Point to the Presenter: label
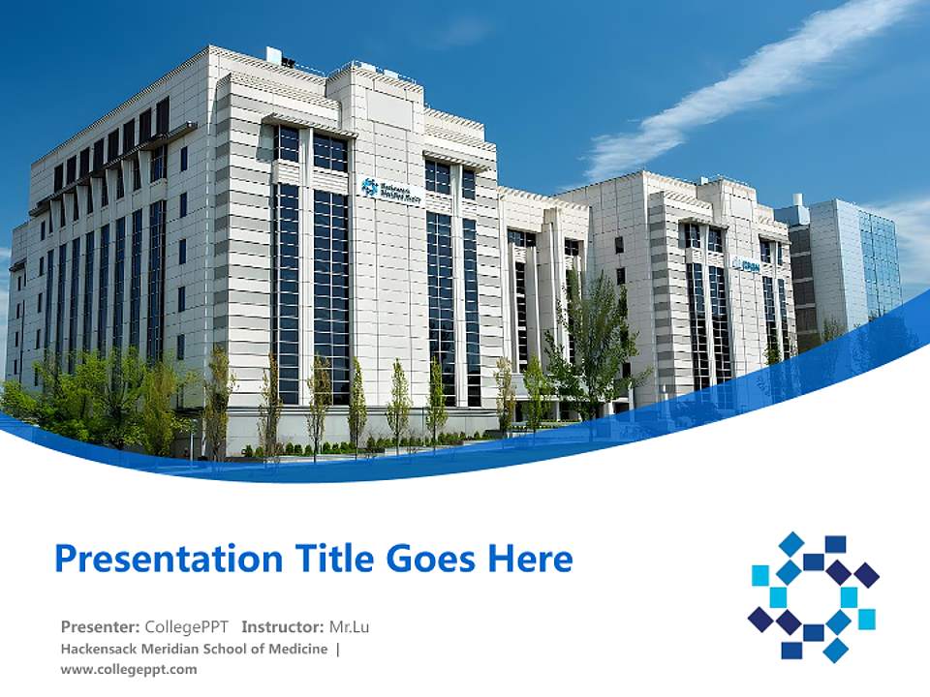tap(100, 626)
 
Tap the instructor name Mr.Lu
tap(348, 626)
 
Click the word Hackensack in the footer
tap(100, 649)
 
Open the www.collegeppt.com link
tap(128, 669)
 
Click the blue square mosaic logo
tap(814, 595)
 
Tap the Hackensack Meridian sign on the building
tap(391, 191)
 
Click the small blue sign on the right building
tap(747, 264)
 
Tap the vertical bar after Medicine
tap(337, 649)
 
